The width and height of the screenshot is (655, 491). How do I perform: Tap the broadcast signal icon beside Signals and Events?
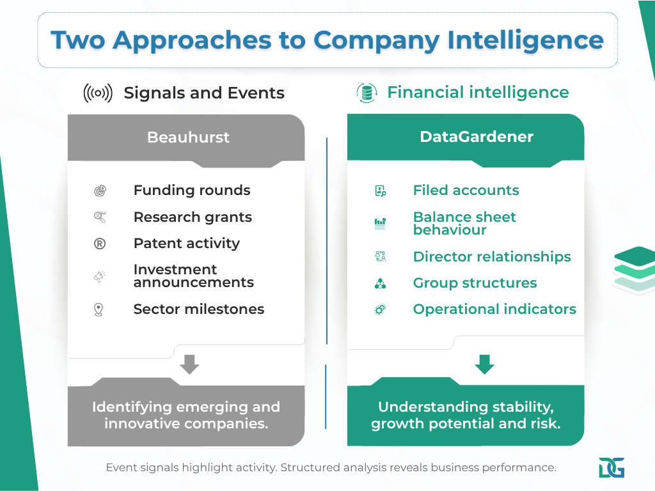(x=98, y=93)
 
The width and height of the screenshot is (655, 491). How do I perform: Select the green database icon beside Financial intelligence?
(x=367, y=93)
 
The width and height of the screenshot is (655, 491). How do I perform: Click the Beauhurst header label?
(x=188, y=137)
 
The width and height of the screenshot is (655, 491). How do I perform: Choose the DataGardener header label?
(x=477, y=137)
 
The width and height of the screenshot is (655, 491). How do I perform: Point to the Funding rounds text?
(x=192, y=191)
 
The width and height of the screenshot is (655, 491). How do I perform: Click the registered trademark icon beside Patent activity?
(x=100, y=244)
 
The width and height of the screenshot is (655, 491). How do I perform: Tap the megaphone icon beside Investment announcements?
(x=100, y=277)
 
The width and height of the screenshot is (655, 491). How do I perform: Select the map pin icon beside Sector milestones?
(x=99, y=310)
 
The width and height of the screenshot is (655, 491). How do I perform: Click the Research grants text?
(x=193, y=217)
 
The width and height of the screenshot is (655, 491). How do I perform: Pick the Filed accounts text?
(x=466, y=191)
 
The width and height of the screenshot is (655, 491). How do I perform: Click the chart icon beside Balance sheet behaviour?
(x=380, y=223)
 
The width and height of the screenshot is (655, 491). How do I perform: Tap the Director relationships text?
(x=492, y=257)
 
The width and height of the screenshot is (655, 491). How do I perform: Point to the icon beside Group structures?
(x=380, y=284)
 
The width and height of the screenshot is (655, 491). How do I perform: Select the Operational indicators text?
(x=494, y=309)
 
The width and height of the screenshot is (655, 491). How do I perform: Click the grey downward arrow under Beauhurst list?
(x=189, y=364)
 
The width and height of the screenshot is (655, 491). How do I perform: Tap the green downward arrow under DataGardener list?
(x=484, y=364)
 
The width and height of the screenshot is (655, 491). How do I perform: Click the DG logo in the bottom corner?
(x=612, y=467)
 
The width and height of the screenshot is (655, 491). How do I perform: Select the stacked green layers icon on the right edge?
(x=635, y=269)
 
